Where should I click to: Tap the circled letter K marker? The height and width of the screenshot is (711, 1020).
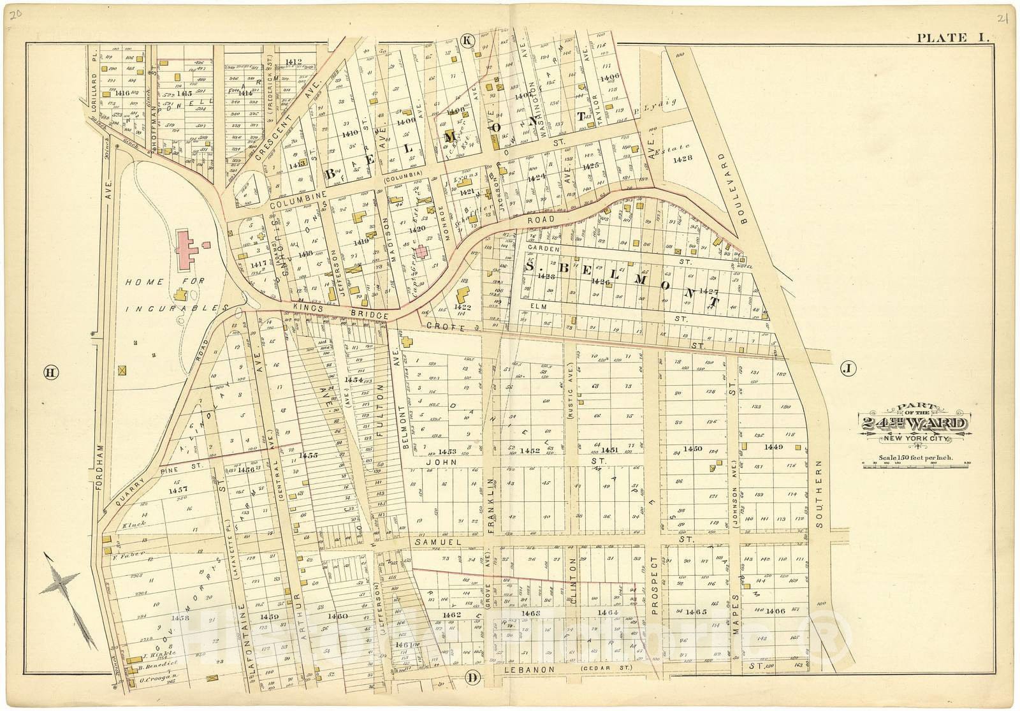[467, 41]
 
